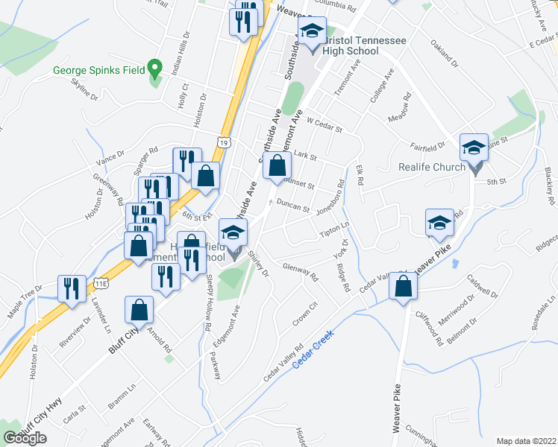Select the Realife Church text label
pyautogui.click(x=431, y=167)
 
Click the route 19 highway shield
pyautogui.click(x=224, y=141)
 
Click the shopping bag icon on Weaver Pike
pyautogui.click(x=404, y=285)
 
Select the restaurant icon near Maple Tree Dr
pyautogui.click(x=72, y=287)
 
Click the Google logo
pyautogui.click(x=25, y=437)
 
